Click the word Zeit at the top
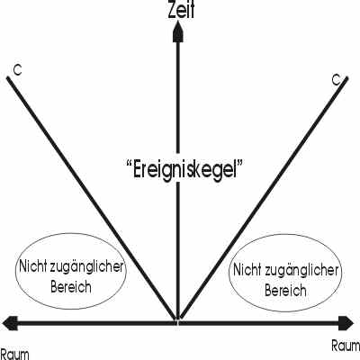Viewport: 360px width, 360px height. [x=181, y=10]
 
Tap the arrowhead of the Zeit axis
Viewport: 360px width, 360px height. [x=177, y=32]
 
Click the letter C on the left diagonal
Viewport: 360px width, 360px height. [x=18, y=70]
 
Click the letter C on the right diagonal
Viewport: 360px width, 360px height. [x=337, y=80]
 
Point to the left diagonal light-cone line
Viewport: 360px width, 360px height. [x=91, y=198]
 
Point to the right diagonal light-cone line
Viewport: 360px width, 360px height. [x=264, y=198]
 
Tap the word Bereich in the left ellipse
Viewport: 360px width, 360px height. [x=71, y=287]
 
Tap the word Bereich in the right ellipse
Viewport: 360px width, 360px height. [x=285, y=291]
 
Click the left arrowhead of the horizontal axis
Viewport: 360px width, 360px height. [x=10, y=323]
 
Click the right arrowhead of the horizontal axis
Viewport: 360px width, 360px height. [x=346, y=323]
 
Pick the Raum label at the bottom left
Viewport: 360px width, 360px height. [x=14, y=355]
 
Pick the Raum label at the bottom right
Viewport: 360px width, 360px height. [x=346, y=346]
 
